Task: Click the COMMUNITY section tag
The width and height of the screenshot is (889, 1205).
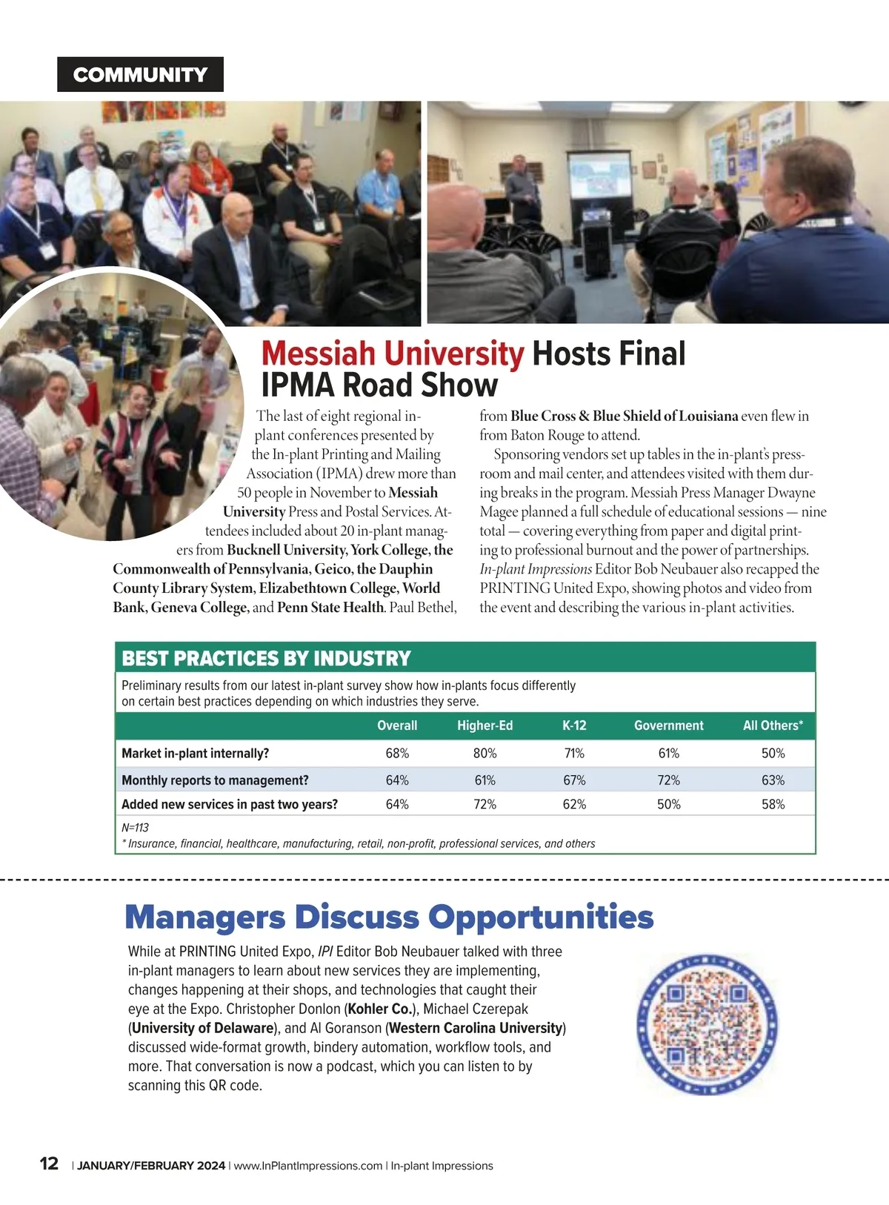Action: [x=140, y=74]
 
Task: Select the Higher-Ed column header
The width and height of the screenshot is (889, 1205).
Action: [x=485, y=726]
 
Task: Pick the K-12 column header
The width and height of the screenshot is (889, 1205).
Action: [x=574, y=726]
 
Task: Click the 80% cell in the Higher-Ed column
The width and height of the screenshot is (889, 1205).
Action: [x=485, y=753]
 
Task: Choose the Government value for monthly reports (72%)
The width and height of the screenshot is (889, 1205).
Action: [x=668, y=780]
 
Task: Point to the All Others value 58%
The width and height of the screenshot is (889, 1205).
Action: [x=773, y=804]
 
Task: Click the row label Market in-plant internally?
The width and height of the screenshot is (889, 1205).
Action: [x=196, y=753]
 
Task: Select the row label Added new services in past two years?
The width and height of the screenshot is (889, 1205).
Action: [x=230, y=804]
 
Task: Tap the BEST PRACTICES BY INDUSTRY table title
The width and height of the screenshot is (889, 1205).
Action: [x=266, y=658]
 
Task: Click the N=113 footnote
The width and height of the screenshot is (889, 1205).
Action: [x=136, y=827]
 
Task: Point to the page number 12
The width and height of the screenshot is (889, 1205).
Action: [x=49, y=1163]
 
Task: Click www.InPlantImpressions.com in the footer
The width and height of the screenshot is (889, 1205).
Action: [x=308, y=1166]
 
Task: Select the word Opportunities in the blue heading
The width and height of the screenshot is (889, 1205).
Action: [x=541, y=917]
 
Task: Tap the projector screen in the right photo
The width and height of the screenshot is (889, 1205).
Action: [x=599, y=176]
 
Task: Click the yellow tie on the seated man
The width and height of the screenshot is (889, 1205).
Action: [x=97, y=191]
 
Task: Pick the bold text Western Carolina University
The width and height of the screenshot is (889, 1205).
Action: [x=476, y=1028]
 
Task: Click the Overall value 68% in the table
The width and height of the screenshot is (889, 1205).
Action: [x=397, y=753]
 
